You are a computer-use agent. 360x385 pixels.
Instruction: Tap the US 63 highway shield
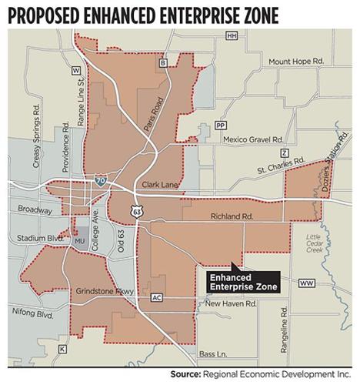(x=135, y=210)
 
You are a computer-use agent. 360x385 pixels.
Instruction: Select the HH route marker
(x=231, y=35)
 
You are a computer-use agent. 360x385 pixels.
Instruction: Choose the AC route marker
(x=157, y=297)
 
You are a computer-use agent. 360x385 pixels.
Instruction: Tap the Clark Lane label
(x=161, y=185)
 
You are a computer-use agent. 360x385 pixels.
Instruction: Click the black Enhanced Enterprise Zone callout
(x=241, y=280)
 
